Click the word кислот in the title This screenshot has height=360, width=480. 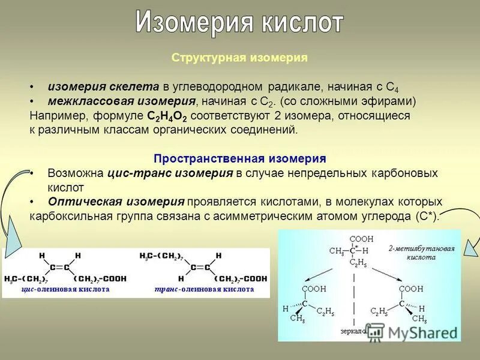(x=303, y=23)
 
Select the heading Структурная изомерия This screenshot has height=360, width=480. (x=239, y=58)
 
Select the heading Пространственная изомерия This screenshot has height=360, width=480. (x=239, y=158)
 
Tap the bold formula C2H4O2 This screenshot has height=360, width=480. (x=170, y=116)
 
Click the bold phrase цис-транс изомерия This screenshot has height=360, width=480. (x=170, y=173)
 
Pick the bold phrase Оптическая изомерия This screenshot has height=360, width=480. (x=116, y=202)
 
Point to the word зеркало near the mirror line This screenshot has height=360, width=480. (x=352, y=331)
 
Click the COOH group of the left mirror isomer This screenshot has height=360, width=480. (x=312, y=289)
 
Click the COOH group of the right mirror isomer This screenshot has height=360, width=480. (x=411, y=289)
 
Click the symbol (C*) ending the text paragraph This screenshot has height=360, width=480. (x=428, y=216)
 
